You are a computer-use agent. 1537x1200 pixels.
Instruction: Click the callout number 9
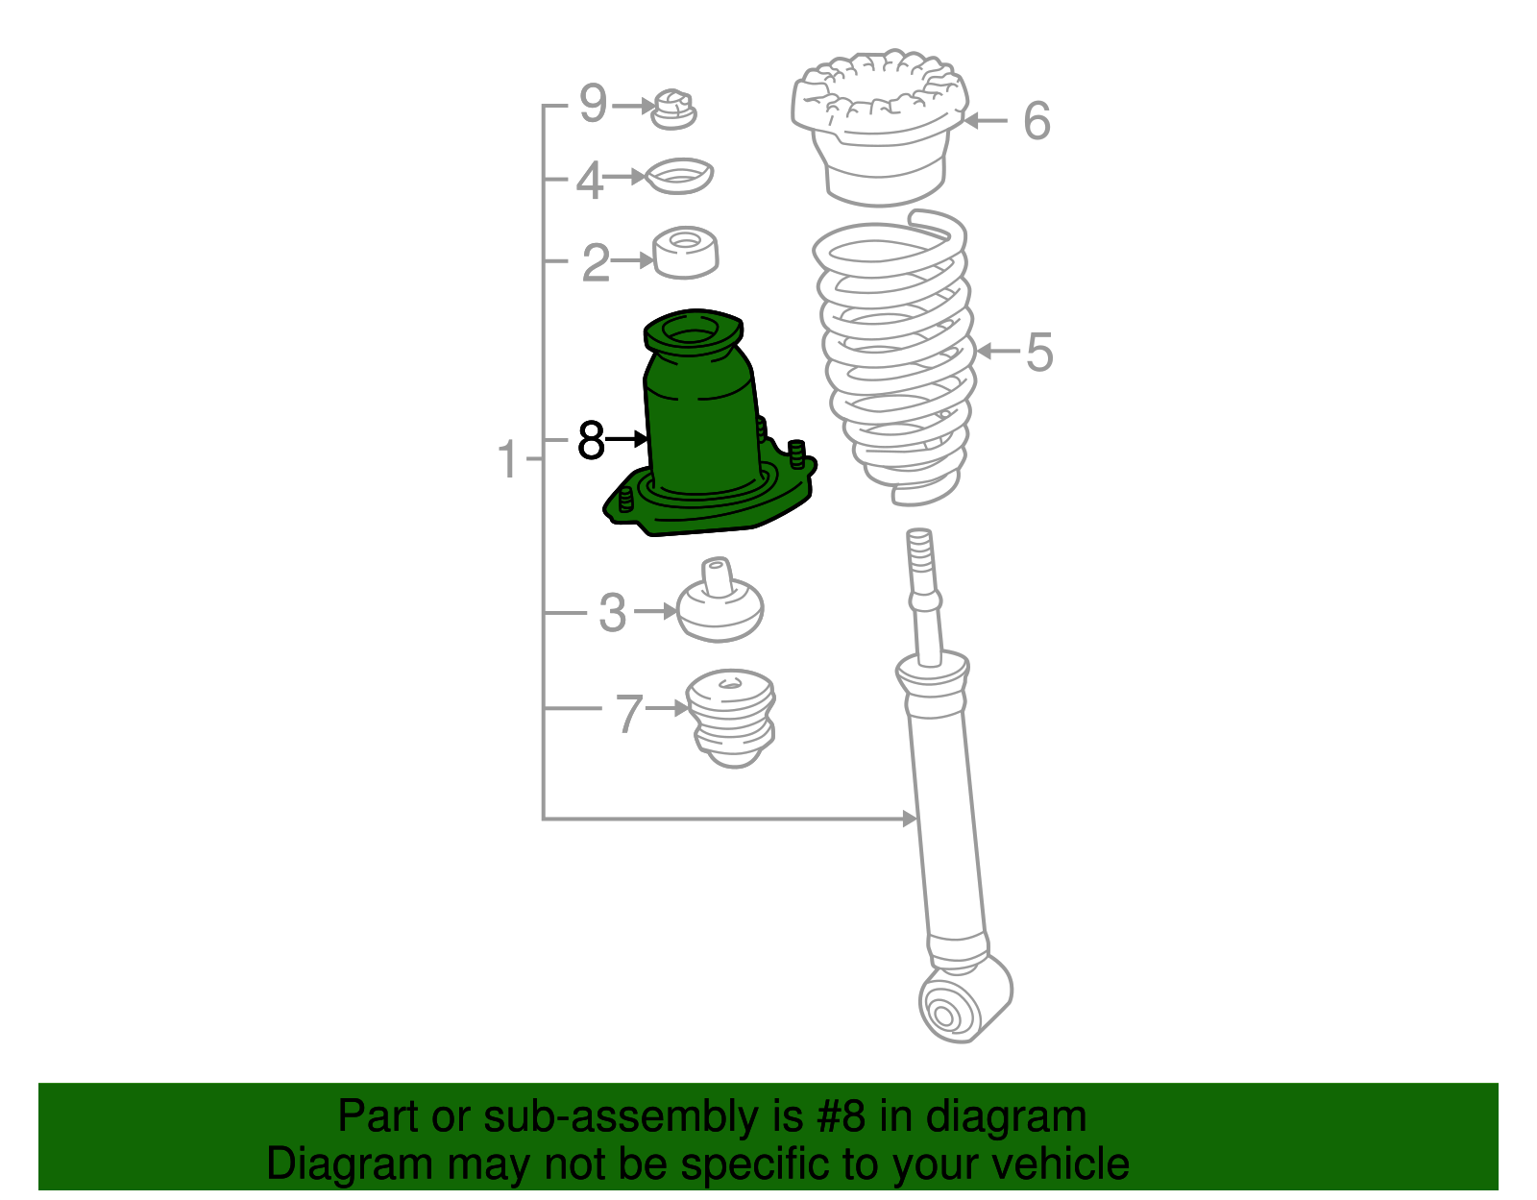point(593,104)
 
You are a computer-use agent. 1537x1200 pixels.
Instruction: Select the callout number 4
point(589,180)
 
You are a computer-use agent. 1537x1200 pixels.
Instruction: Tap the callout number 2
point(596,262)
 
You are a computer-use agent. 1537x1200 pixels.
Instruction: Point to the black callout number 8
point(592,440)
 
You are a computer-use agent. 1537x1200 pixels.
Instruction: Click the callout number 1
point(508,459)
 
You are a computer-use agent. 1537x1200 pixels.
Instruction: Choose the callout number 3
point(613,612)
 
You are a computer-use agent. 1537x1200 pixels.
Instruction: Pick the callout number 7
point(629,713)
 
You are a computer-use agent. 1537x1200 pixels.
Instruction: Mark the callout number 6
point(1037,121)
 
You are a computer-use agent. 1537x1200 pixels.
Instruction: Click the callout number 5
point(1039,352)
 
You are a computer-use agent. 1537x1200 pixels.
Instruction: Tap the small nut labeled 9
point(673,110)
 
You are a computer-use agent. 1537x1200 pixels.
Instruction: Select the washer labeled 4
point(680,176)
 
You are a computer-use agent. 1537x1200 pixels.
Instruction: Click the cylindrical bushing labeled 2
point(685,253)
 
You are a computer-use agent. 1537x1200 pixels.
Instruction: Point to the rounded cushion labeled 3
point(720,601)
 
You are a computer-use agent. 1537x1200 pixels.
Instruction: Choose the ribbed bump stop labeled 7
point(731,719)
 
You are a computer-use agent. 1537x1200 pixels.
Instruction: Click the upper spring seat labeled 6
point(879,127)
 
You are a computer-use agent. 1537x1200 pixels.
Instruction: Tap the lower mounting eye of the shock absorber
point(964,999)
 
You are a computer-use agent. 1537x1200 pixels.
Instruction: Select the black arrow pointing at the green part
point(626,439)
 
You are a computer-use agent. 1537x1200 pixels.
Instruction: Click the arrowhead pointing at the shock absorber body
point(911,819)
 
